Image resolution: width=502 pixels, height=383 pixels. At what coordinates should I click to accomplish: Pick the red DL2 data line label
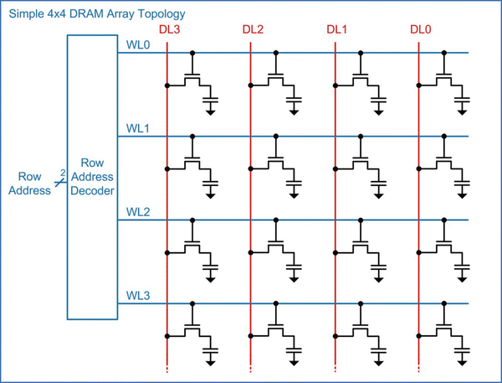coord(253,31)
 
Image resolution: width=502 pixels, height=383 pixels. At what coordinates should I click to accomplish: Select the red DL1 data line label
coord(336,31)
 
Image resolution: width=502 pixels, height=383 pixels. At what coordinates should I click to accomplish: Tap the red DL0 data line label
coord(420,31)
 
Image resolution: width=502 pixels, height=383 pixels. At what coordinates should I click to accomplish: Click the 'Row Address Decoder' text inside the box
coord(91,178)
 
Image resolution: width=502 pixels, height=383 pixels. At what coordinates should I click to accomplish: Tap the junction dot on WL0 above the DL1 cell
coord(361,53)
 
